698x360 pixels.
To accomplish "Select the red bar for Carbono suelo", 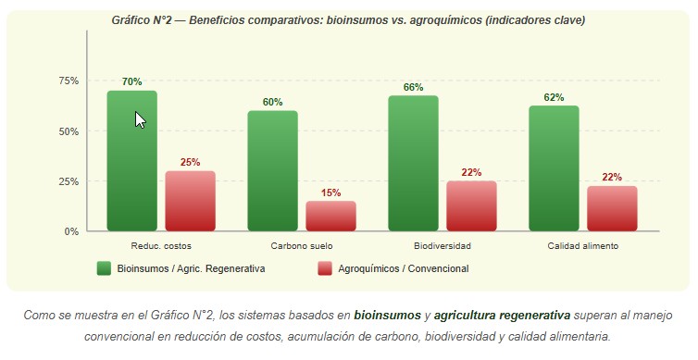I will point(331,216).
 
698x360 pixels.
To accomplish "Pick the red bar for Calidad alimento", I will point(612,208).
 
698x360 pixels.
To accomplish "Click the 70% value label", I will point(131,82).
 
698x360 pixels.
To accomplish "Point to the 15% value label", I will point(331,192).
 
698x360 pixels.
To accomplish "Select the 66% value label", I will point(413,88).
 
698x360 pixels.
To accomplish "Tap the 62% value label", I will point(555,97).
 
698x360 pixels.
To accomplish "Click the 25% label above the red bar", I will point(191,163).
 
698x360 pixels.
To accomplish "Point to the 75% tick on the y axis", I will point(69,81).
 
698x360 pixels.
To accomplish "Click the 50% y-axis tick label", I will point(69,131).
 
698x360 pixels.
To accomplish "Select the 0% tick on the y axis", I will point(71,231).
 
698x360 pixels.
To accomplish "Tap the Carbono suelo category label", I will point(302,246).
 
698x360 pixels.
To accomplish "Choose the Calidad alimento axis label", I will point(583,246).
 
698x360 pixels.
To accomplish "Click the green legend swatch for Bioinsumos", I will point(104,268).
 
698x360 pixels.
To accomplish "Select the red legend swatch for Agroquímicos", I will point(325,268).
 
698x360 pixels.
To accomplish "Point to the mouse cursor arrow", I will point(140,119).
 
